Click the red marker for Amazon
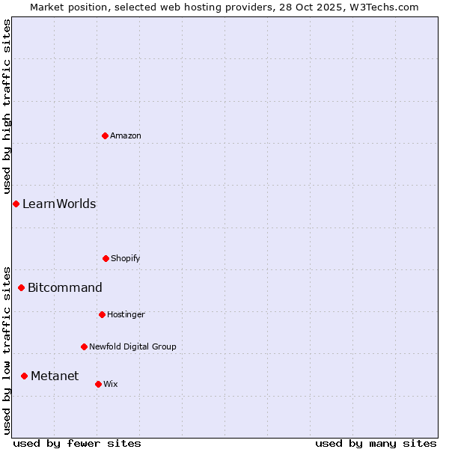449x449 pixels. pos(106,135)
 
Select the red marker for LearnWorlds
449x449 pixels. pos(16,204)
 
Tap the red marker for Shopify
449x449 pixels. pos(106,258)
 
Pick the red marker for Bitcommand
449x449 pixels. pos(22,287)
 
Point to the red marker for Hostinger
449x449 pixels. pos(102,314)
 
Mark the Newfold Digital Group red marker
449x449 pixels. pos(84,346)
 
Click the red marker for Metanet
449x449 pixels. pos(25,376)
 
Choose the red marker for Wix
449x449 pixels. pos(98,384)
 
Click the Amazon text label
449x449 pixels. pos(126,136)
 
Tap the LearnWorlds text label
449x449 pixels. pos(59,204)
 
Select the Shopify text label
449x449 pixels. pos(126,259)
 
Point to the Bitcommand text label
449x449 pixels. pos(65,288)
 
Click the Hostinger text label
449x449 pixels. pos(126,315)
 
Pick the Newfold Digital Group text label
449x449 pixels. pos(132,347)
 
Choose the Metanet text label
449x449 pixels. pos(55,376)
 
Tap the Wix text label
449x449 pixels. pos(111,385)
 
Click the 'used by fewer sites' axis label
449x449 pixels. pos(77,443)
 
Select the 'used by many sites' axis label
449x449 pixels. pos(376,443)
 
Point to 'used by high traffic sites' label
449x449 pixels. pos(7,107)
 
